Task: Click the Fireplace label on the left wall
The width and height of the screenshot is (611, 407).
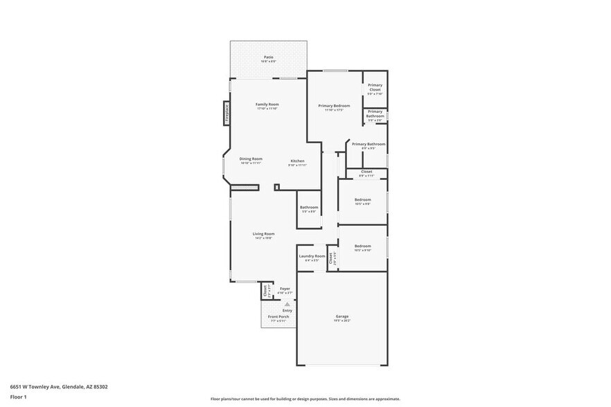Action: point(227,112)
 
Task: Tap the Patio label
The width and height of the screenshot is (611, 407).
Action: point(268,57)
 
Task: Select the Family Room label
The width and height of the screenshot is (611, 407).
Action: point(267,105)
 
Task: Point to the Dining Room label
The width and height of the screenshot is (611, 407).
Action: point(251,159)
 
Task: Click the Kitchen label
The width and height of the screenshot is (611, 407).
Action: point(297,161)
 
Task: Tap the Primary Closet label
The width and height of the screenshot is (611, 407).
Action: point(375,87)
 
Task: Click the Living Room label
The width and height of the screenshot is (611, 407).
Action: point(263,234)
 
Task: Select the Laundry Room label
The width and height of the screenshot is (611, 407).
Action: point(312,256)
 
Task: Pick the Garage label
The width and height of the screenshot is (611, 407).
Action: point(342,316)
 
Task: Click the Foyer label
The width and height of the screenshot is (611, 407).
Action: point(285,288)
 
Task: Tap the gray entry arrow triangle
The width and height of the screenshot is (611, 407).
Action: point(287,304)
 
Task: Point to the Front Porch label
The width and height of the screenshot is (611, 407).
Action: point(278,317)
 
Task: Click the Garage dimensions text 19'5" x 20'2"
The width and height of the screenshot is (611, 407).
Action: point(342,321)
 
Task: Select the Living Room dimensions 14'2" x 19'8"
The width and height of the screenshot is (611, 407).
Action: point(263,238)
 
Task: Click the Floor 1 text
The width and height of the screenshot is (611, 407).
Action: point(18,397)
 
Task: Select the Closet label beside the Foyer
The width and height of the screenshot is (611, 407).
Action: point(265,291)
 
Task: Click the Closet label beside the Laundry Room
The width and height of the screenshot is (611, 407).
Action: point(331,257)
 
